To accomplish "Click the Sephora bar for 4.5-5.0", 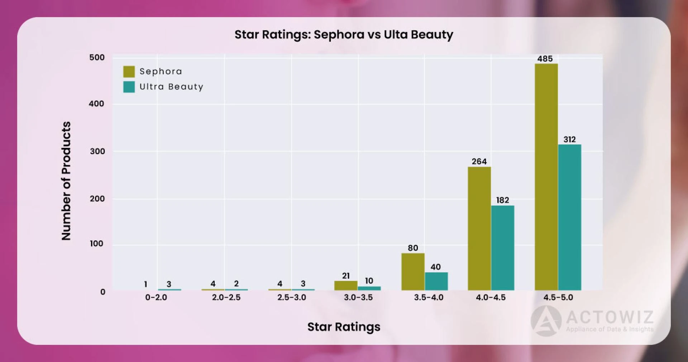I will point(546,177).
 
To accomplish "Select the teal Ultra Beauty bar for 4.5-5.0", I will point(569,217).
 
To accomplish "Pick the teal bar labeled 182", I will point(502,248).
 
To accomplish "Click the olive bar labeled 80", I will point(413,271).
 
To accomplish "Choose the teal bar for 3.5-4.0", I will point(436,281).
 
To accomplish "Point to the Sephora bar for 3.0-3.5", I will point(346,285).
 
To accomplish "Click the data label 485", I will point(545,59).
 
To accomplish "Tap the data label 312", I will point(569,140).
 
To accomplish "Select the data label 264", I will point(479,161).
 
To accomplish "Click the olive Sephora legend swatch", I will point(129,72).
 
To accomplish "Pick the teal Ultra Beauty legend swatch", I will point(129,87).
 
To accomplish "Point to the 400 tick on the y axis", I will point(96,104).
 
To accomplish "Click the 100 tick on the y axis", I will point(96,244).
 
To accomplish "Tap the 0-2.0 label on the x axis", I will point(156,297).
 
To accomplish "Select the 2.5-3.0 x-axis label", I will point(292,297).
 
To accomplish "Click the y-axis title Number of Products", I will point(66,181).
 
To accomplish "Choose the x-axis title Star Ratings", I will point(344,327).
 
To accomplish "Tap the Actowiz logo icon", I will point(545,321).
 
